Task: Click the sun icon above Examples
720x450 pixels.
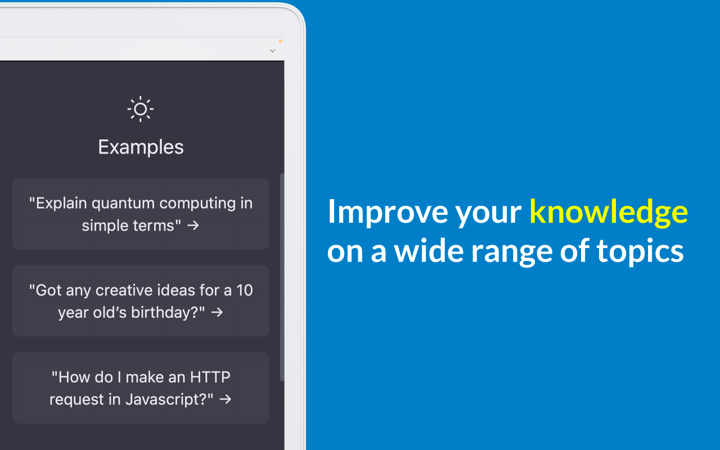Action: click(141, 109)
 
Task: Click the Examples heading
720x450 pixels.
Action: click(141, 147)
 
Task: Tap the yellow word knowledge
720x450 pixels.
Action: click(609, 212)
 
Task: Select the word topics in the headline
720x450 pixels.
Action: click(640, 251)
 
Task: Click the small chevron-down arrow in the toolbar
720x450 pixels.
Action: click(273, 51)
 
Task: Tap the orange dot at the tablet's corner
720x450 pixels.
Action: click(280, 41)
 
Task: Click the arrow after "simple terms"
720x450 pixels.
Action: click(193, 226)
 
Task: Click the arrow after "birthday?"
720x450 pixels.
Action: click(217, 312)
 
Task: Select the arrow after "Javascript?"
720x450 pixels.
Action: click(226, 399)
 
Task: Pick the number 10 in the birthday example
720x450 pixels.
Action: click(245, 290)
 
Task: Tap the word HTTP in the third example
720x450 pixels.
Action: click(210, 377)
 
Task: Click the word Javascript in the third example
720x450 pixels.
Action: click(166, 400)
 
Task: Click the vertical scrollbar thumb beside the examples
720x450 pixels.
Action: click(282, 277)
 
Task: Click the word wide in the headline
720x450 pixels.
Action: click(429, 251)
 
